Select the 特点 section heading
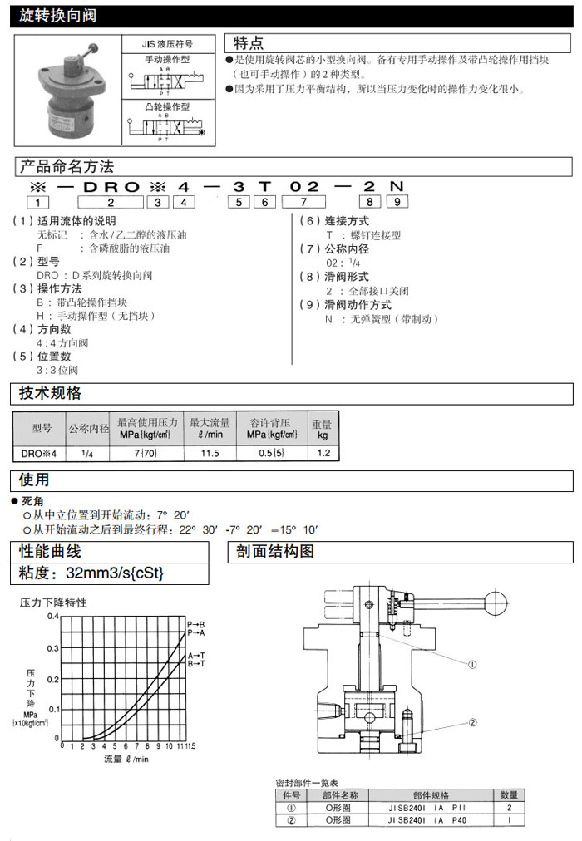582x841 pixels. (x=249, y=43)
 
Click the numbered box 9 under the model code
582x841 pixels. (x=400, y=201)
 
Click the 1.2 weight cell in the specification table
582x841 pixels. (x=323, y=453)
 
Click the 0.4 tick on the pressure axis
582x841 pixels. (x=53, y=617)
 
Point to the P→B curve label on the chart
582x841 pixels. (x=196, y=623)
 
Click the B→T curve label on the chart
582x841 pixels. (x=196, y=663)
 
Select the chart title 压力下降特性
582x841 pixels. (x=53, y=602)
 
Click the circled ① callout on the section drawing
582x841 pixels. (x=471, y=664)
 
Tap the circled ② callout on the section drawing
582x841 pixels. (x=471, y=722)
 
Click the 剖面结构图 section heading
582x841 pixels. (x=274, y=552)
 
